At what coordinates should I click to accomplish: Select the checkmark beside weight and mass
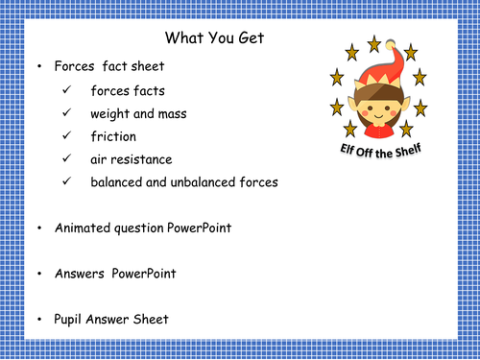tap(66, 114)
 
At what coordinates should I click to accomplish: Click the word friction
tap(113, 136)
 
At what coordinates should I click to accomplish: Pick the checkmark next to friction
tap(66, 136)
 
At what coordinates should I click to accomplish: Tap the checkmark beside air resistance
tap(66, 158)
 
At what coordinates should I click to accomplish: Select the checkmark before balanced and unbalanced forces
tap(66, 180)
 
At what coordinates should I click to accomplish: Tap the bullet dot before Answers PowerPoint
tap(37, 274)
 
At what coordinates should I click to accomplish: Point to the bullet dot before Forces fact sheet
tap(37, 67)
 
